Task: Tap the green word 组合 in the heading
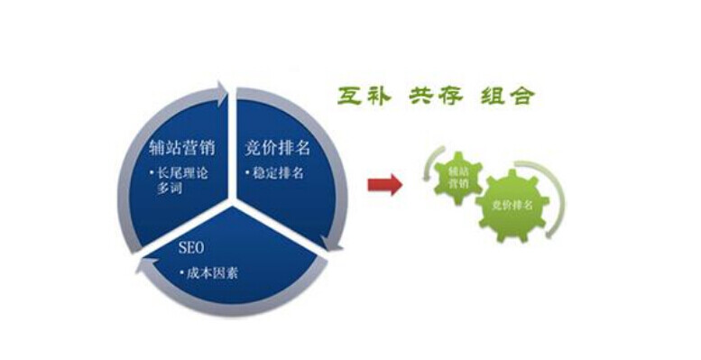tap(506, 97)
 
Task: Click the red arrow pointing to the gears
tap(387, 185)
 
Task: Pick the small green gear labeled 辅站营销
tap(457, 175)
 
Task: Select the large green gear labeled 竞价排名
tap(512, 205)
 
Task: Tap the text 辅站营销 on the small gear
tap(457, 175)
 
